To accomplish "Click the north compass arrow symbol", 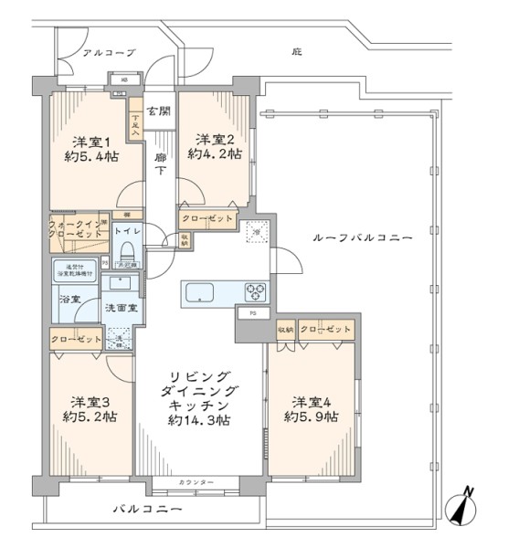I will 463,505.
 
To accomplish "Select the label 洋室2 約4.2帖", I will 215,147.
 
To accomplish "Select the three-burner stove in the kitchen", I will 254,292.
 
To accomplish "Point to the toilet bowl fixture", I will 127,251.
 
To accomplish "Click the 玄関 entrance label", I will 158,112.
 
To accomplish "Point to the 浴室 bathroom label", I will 70,299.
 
